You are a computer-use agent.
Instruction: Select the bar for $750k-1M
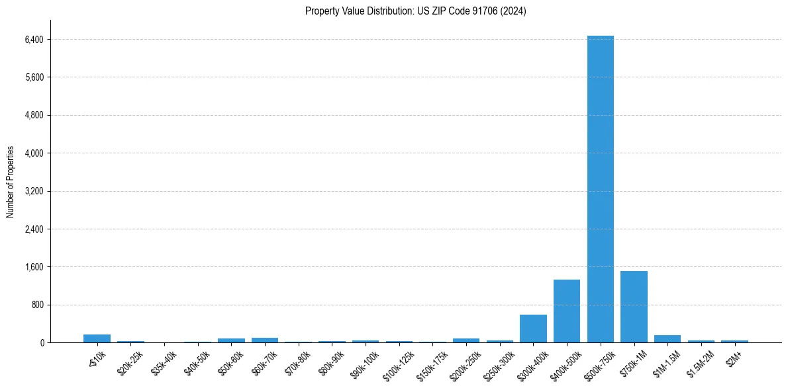tap(634, 307)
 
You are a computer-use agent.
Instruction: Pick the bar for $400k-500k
tap(567, 311)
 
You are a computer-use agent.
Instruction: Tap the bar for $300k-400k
tap(533, 329)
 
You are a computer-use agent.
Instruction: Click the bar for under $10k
tap(97, 338)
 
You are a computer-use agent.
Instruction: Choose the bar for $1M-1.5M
tap(667, 338)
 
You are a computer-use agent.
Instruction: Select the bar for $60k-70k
tap(265, 340)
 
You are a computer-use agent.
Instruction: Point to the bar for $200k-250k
tap(466, 340)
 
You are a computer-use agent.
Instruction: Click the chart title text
tap(415, 11)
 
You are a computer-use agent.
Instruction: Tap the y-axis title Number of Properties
tap(11, 182)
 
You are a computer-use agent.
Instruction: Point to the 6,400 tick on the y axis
tap(34, 40)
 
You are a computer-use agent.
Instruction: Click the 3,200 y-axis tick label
tap(34, 192)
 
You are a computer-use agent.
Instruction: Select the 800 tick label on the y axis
tap(37, 305)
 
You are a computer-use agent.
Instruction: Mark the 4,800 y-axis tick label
tap(34, 116)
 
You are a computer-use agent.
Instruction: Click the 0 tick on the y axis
tap(41, 343)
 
